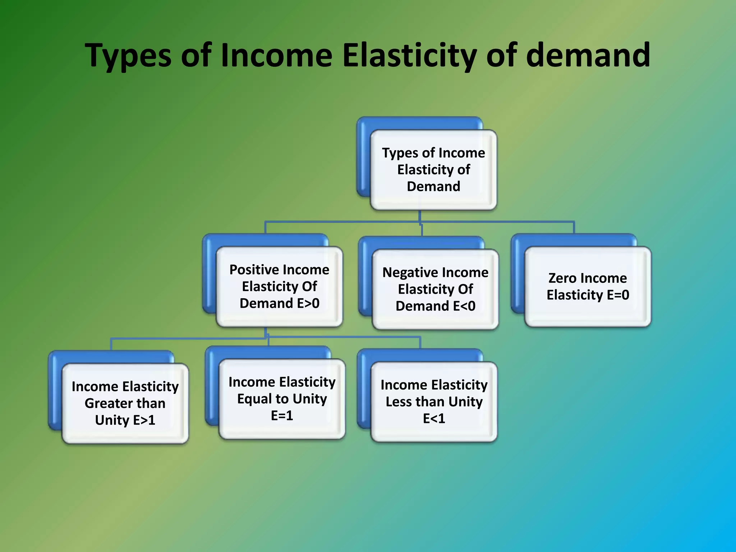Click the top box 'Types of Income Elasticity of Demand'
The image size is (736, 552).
coord(433,170)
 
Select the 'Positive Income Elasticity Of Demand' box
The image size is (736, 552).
coord(279,286)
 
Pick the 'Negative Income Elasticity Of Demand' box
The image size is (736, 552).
coord(435,289)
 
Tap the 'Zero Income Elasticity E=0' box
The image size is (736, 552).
coord(588,286)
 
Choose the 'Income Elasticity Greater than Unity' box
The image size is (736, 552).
coord(125,403)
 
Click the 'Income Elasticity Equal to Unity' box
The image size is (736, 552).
coord(282,399)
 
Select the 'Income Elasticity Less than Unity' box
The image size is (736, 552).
coord(434,402)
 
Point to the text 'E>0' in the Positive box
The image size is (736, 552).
coord(308,304)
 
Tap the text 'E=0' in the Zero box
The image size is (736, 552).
coord(618,295)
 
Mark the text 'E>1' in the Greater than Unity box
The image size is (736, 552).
coord(144,420)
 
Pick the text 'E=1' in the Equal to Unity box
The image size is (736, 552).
coord(282,416)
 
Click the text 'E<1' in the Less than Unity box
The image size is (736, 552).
coord(434,419)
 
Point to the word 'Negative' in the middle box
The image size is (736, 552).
coord(410,273)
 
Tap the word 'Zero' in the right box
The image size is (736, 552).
coord(562,278)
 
